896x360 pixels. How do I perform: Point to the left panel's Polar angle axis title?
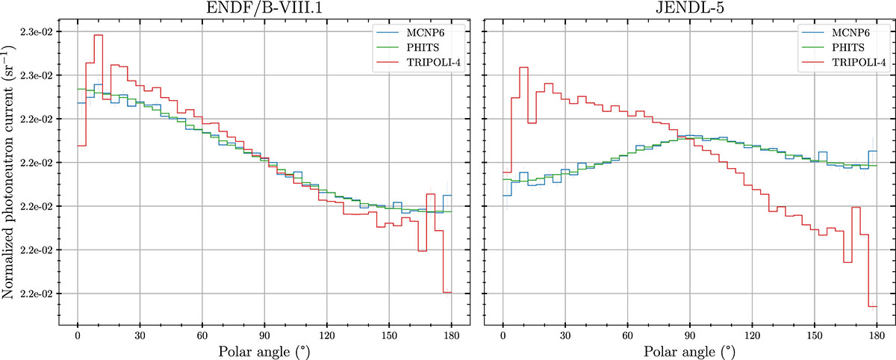point(264,350)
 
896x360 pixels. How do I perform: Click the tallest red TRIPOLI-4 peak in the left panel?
point(98,35)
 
